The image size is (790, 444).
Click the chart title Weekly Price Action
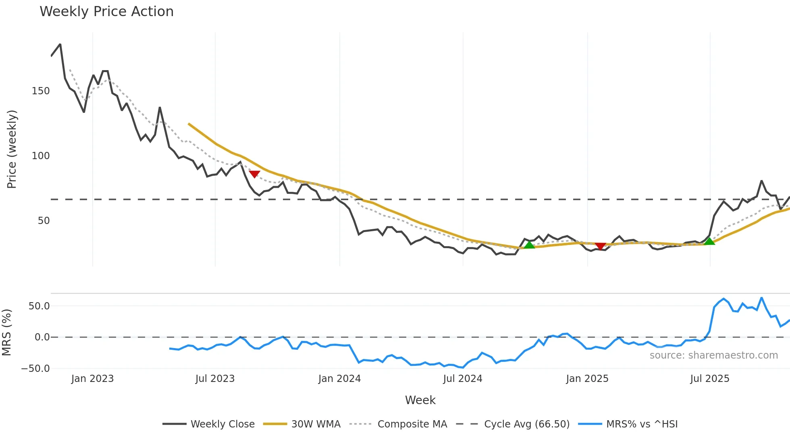[x=106, y=12]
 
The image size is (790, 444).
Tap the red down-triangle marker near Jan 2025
[x=600, y=246]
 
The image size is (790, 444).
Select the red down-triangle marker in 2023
[x=254, y=174]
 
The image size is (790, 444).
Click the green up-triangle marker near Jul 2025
[x=709, y=241]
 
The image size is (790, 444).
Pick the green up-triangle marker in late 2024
[x=529, y=245]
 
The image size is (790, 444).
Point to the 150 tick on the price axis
[x=41, y=91]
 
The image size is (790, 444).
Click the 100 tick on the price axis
[x=41, y=156]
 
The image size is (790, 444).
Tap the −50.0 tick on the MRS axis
[x=35, y=369]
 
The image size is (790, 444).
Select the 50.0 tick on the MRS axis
[x=39, y=306]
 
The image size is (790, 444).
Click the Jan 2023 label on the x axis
[x=92, y=379]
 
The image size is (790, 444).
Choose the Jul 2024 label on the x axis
[x=462, y=379]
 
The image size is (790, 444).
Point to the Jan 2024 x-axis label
[x=339, y=379]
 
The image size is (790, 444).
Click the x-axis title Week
[x=420, y=400]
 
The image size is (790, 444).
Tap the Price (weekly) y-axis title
[x=12, y=149]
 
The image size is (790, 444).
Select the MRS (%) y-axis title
[x=6, y=332]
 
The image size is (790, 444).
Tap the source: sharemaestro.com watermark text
[x=713, y=355]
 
